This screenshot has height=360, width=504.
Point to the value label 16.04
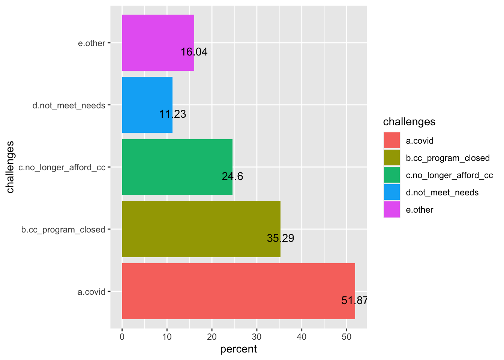194,52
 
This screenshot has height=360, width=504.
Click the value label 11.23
172,114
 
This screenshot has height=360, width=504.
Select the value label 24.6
232,176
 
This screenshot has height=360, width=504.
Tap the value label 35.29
280,238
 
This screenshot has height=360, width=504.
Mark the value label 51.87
354,300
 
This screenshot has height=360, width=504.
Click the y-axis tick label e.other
91,43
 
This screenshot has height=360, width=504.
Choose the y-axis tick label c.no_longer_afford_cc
62,168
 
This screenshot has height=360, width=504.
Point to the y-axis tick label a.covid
91,292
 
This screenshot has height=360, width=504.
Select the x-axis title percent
238,349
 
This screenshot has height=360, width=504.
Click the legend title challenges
409,122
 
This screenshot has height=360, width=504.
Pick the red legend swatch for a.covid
392,141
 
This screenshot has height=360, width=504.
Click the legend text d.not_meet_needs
442,193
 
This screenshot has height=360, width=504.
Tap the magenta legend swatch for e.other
392,210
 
